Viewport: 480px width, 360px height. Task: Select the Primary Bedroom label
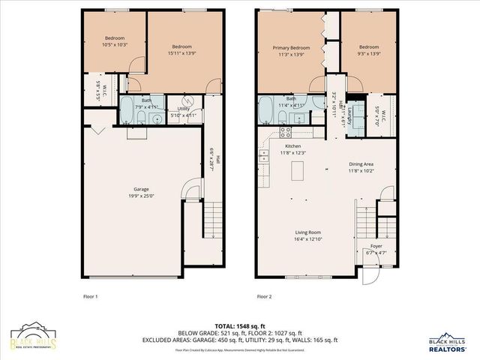(x=290, y=47)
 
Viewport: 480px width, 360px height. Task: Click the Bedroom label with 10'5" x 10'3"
(x=114, y=38)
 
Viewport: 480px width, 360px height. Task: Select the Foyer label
(x=376, y=247)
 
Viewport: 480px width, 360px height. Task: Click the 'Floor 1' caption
(x=90, y=297)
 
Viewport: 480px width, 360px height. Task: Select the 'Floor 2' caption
(x=264, y=297)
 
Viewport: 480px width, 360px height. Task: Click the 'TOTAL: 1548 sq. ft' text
(x=239, y=325)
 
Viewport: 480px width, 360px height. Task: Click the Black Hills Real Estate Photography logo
(x=34, y=337)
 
